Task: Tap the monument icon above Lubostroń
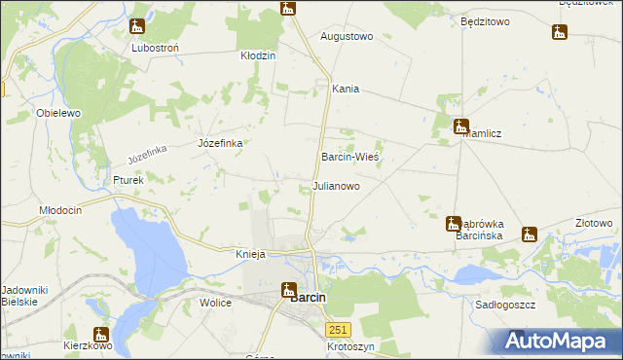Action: [137, 27]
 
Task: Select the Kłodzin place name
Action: [259, 55]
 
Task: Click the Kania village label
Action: [346, 89]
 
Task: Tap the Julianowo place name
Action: [336, 185]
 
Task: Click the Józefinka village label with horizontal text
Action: [220, 143]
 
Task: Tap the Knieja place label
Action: [250, 254]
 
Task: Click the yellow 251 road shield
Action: [338, 330]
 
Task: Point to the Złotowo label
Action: [594, 223]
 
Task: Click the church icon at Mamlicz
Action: [461, 126]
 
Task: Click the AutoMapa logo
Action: [558, 342]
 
